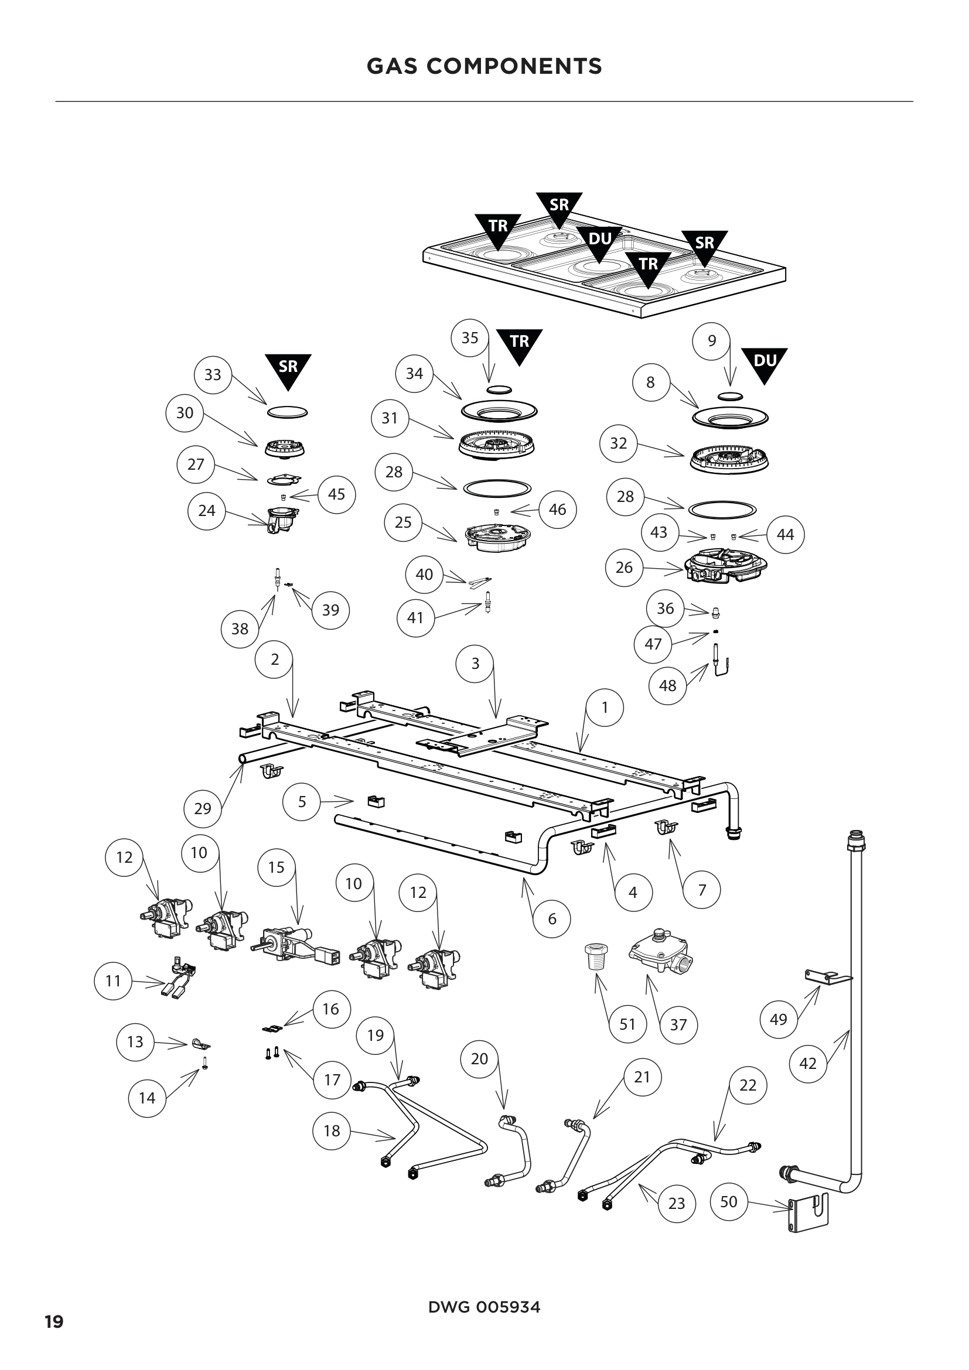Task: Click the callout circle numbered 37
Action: (678, 1025)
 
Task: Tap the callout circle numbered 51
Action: (627, 1024)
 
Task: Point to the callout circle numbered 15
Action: (277, 867)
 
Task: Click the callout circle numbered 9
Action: (711, 341)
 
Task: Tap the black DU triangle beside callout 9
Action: (765, 363)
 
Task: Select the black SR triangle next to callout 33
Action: (288, 369)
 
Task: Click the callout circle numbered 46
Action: (557, 509)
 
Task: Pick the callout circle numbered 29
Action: (202, 808)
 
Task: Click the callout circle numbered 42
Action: (807, 1063)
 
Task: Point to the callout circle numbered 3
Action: (475, 664)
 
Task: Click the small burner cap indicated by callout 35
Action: (499, 390)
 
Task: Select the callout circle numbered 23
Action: (676, 1204)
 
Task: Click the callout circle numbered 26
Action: (623, 568)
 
